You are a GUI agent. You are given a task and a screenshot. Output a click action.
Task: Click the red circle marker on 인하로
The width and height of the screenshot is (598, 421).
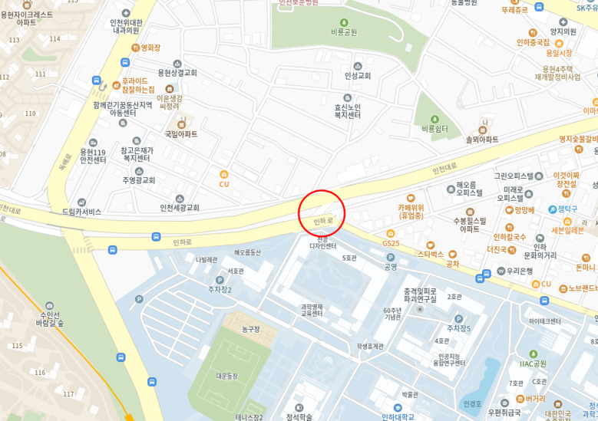tap(321, 213)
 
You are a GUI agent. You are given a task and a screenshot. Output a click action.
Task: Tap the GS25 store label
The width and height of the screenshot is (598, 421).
tap(391, 243)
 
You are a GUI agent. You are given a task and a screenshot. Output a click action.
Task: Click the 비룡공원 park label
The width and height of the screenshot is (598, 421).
tap(343, 32)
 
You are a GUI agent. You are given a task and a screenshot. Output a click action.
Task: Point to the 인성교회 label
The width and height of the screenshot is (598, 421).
tap(357, 75)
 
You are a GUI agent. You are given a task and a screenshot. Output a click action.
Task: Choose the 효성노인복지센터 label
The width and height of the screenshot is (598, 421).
tap(347, 110)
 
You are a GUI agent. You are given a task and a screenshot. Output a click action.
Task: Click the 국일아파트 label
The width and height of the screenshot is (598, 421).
tap(181, 133)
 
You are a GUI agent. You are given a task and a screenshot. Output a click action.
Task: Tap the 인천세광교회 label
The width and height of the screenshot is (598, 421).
tap(180, 208)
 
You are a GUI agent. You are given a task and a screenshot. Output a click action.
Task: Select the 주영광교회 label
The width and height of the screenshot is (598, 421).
tap(138, 180)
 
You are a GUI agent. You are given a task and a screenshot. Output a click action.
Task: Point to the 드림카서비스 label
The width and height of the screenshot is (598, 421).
tap(81, 212)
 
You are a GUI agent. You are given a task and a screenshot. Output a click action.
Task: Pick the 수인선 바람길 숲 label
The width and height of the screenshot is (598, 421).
tap(49, 318)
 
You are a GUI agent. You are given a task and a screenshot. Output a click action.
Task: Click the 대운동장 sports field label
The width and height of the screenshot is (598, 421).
tap(227, 376)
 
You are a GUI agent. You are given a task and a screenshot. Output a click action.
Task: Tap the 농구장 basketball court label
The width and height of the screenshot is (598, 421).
tap(250, 329)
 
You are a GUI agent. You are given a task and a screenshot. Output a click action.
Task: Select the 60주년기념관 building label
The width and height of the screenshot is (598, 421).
tap(392, 314)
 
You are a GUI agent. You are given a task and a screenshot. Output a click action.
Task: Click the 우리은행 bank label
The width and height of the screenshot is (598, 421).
tap(520, 271)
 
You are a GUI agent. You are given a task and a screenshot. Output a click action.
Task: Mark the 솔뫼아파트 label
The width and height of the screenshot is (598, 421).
tap(482, 139)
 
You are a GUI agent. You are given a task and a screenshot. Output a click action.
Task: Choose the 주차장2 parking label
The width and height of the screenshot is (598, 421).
tap(219, 289)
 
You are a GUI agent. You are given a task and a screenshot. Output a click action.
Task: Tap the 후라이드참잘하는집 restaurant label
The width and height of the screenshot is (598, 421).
tap(137, 84)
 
